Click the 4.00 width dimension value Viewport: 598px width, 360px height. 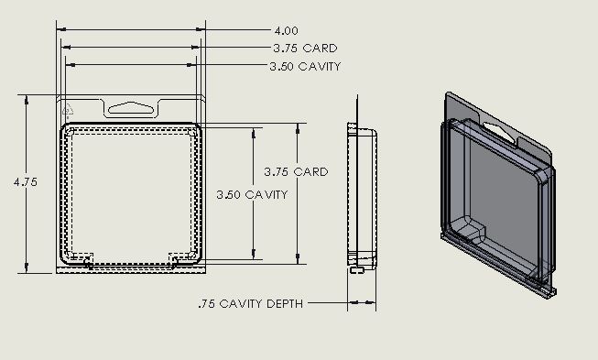coord(286,30)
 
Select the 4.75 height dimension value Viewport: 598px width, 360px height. coord(26,182)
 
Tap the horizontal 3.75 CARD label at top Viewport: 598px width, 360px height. coord(305,49)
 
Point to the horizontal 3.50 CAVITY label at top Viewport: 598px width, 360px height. coord(305,66)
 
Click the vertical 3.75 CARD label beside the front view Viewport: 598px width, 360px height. coord(296,171)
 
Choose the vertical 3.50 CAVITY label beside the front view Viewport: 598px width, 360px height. coord(252,194)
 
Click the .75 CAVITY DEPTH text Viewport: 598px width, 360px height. coord(251,303)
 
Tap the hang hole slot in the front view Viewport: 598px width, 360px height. coord(131,108)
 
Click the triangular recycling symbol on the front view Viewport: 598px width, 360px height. coord(68,109)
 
